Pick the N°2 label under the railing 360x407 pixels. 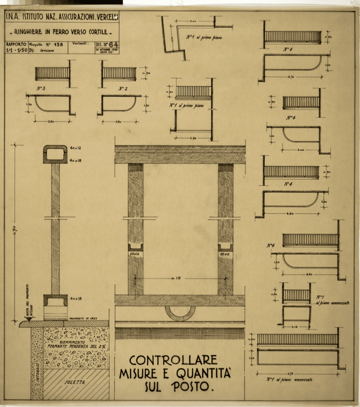tap(122, 88)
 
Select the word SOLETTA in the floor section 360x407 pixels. tap(74, 383)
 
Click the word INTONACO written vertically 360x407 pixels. tap(37, 370)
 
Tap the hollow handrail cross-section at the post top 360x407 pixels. tap(55, 154)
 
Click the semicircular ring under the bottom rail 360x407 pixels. tap(179, 312)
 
